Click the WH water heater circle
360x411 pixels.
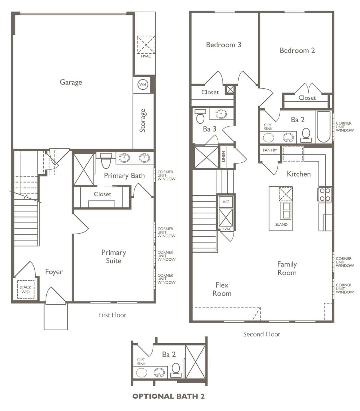[143, 84]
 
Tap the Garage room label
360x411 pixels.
[71, 82]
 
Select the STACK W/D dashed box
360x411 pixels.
[25, 289]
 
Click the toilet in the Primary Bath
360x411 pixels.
[106, 161]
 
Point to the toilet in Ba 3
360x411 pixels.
[201, 116]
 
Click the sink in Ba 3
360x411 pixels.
[221, 114]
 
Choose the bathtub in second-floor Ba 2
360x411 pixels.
[324, 127]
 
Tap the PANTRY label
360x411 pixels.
[270, 150]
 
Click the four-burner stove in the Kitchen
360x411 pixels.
[325, 195]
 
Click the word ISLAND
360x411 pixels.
[281, 224]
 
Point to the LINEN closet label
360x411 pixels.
[224, 157]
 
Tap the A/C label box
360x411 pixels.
[226, 202]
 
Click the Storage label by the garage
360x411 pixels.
[143, 121]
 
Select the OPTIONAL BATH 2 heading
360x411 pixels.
[169, 396]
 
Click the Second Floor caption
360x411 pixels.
[262, 334]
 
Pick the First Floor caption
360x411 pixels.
[112, 315]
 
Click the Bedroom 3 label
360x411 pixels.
[224, 45]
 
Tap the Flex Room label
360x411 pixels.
[222, 289]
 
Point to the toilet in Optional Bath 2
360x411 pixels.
[176, 370]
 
